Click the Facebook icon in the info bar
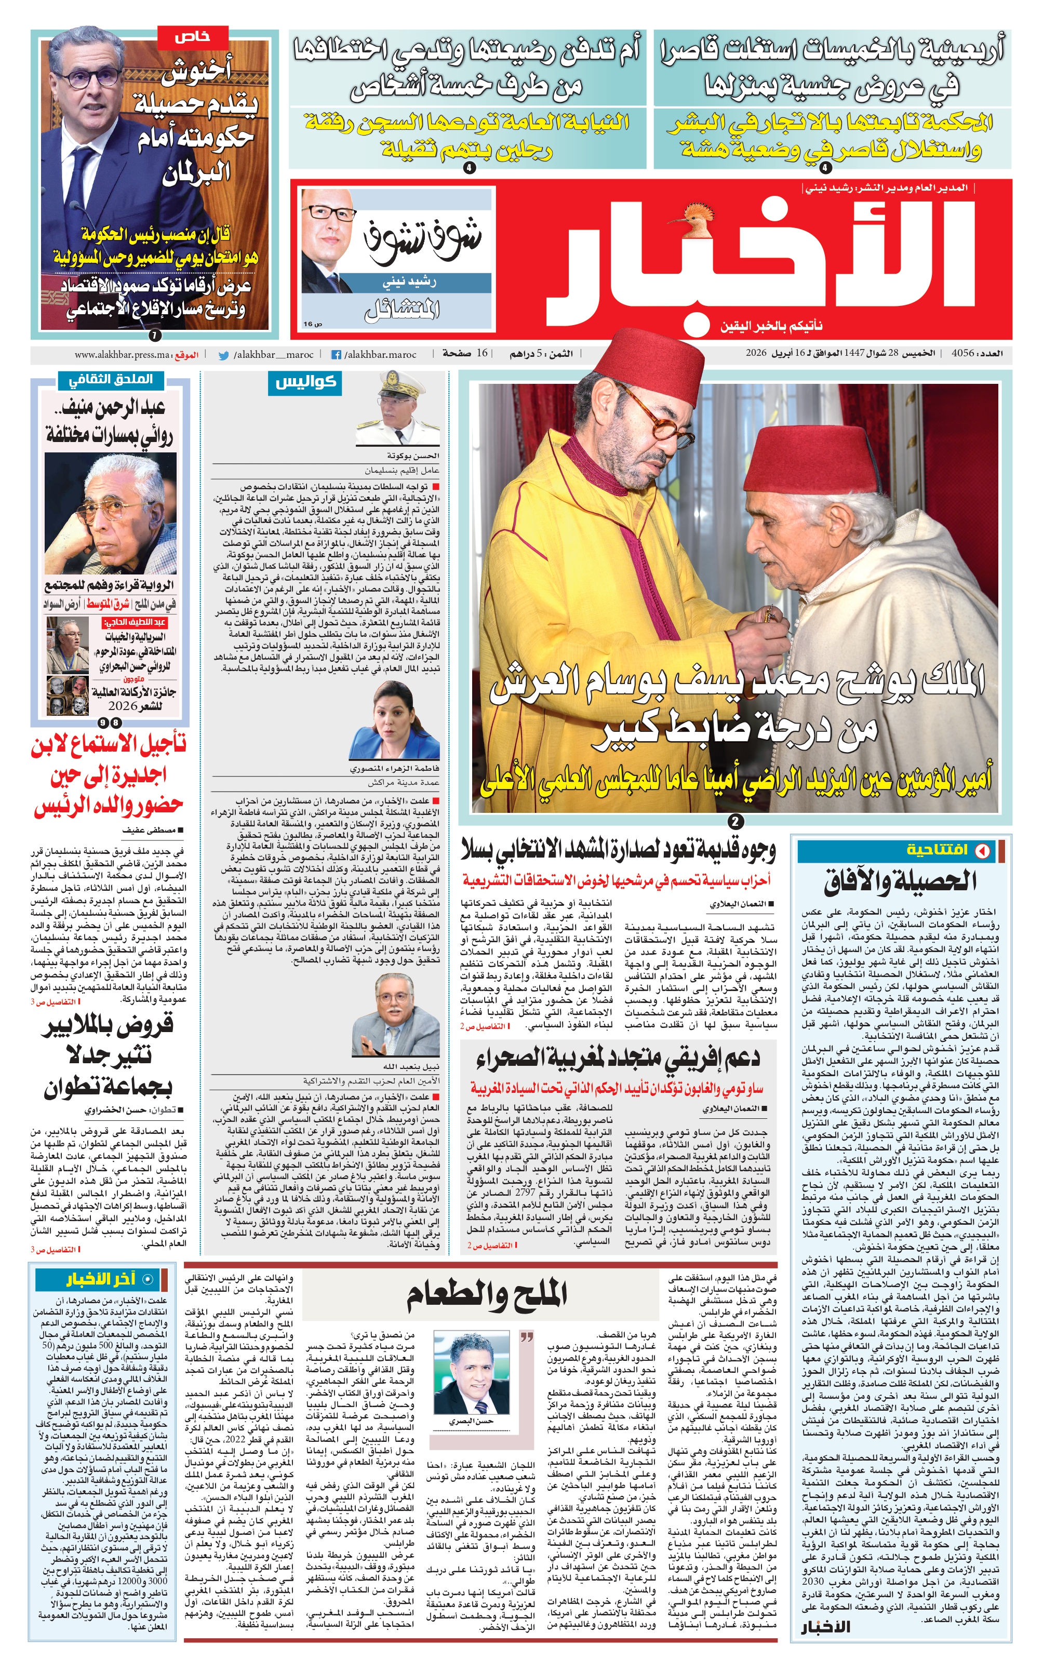337,355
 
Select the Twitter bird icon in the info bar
223,355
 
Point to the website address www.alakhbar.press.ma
122,355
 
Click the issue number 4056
962,353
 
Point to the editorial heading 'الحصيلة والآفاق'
900,881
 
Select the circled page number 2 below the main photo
736,822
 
